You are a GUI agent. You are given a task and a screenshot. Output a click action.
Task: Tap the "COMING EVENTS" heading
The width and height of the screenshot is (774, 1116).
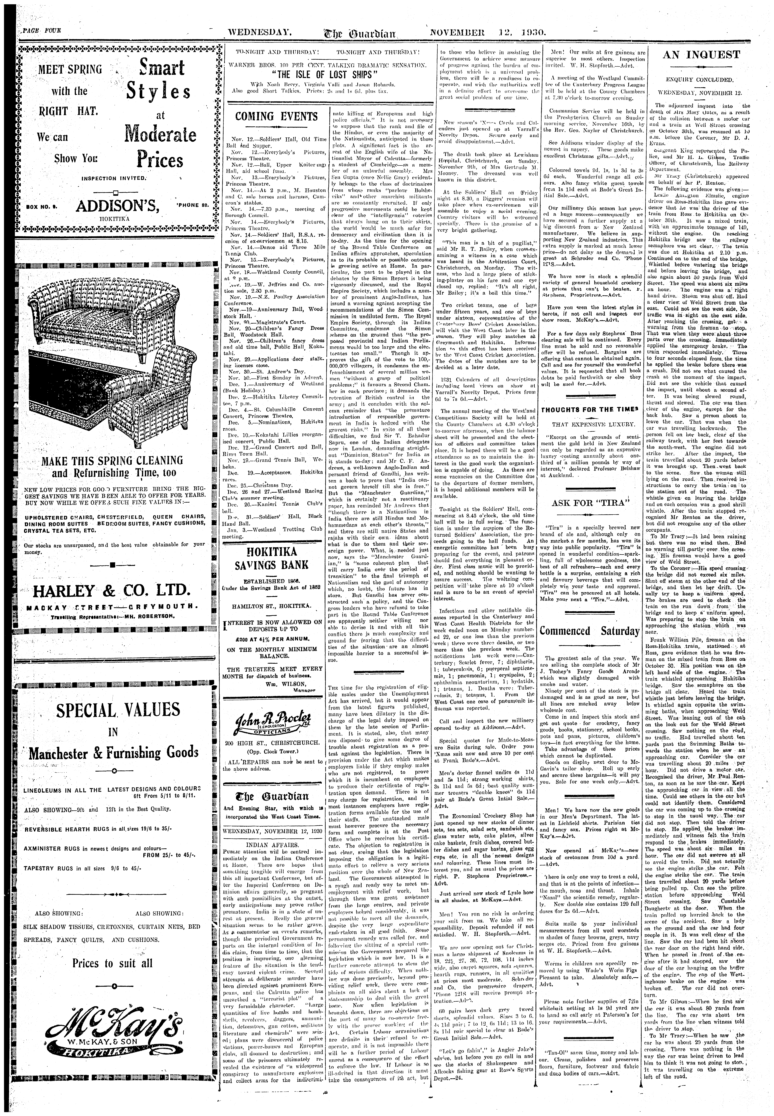(276, 117)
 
